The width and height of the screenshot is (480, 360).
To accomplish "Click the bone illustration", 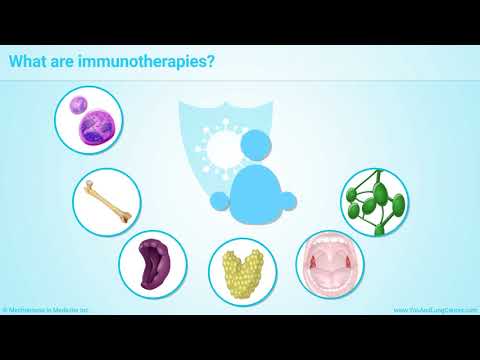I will pyautogui.click(x=106, y=200).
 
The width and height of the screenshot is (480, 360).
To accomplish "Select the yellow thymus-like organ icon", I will pyautogui.click(x=242, y=271).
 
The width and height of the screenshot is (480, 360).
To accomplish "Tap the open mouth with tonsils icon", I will pyautogui.click(x=330, y=263).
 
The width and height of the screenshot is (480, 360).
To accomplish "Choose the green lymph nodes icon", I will pyautogui.click(x=375, y=201).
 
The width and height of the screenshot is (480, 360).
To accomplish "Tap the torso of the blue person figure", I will pyautogui.click(x=256, y=190).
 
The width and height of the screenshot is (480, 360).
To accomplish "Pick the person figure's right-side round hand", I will pyautogui.click(x=288, y=201).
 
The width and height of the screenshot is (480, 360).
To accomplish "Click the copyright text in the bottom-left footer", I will pyautogui.click(x=45, y=310).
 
